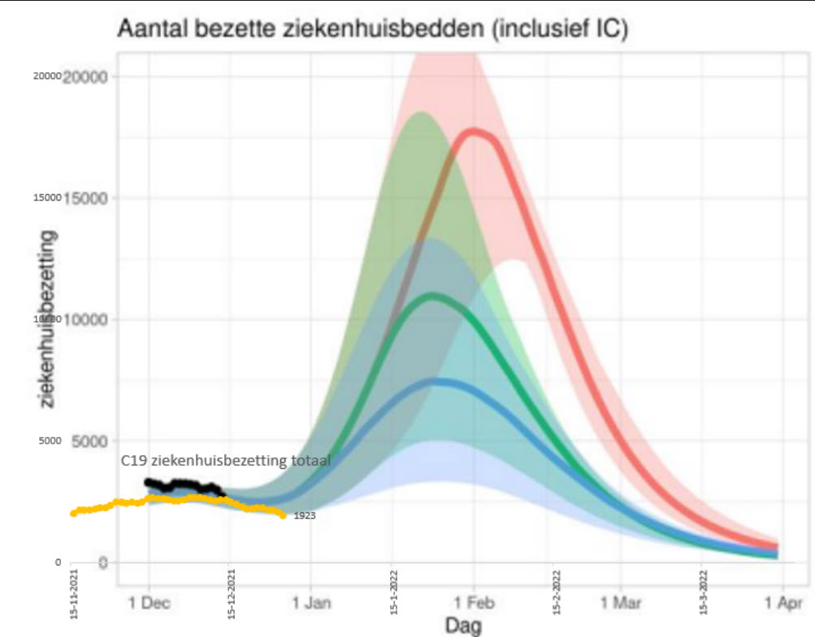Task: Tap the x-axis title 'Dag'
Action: [463, 625]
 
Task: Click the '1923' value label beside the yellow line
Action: [305, 515]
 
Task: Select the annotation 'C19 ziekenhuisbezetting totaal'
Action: [226, 461]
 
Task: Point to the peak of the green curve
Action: [433, 295]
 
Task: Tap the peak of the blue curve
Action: [439, 381]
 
